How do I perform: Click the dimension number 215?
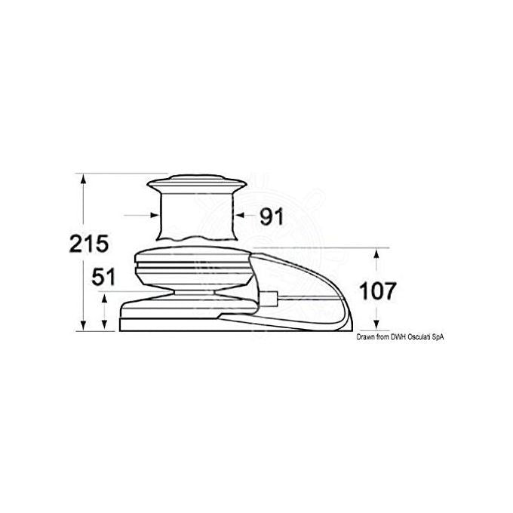pyautogui.click(x=89, y=244)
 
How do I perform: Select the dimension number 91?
pyautogui.click(x=272, y=217)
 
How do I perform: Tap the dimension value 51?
pyautogui.click(x=103, y=277)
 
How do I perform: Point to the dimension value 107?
pyautogui.click(x=378, y=291)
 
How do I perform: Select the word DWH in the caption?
pyautogui.click(x=398, y=337)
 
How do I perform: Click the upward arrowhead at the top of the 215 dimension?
pyautogui.click(x=84, y=179)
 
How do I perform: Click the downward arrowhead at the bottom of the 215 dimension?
pyautogui.click(x=84, y=325)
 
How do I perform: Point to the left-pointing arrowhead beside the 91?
pyautogui.click(x=241, y=215)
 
